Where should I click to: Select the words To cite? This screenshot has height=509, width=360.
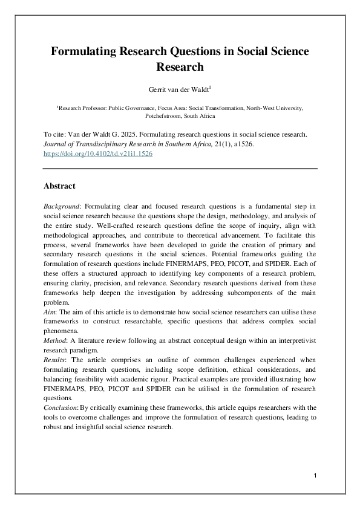tap(57, 134)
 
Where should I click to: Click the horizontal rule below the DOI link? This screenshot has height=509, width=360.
tap(180, 169)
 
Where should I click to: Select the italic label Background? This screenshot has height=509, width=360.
tap(64, 207)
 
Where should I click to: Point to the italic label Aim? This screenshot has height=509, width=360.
tap(50, 308)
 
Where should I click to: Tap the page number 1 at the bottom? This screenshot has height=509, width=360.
tap(316, 478)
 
